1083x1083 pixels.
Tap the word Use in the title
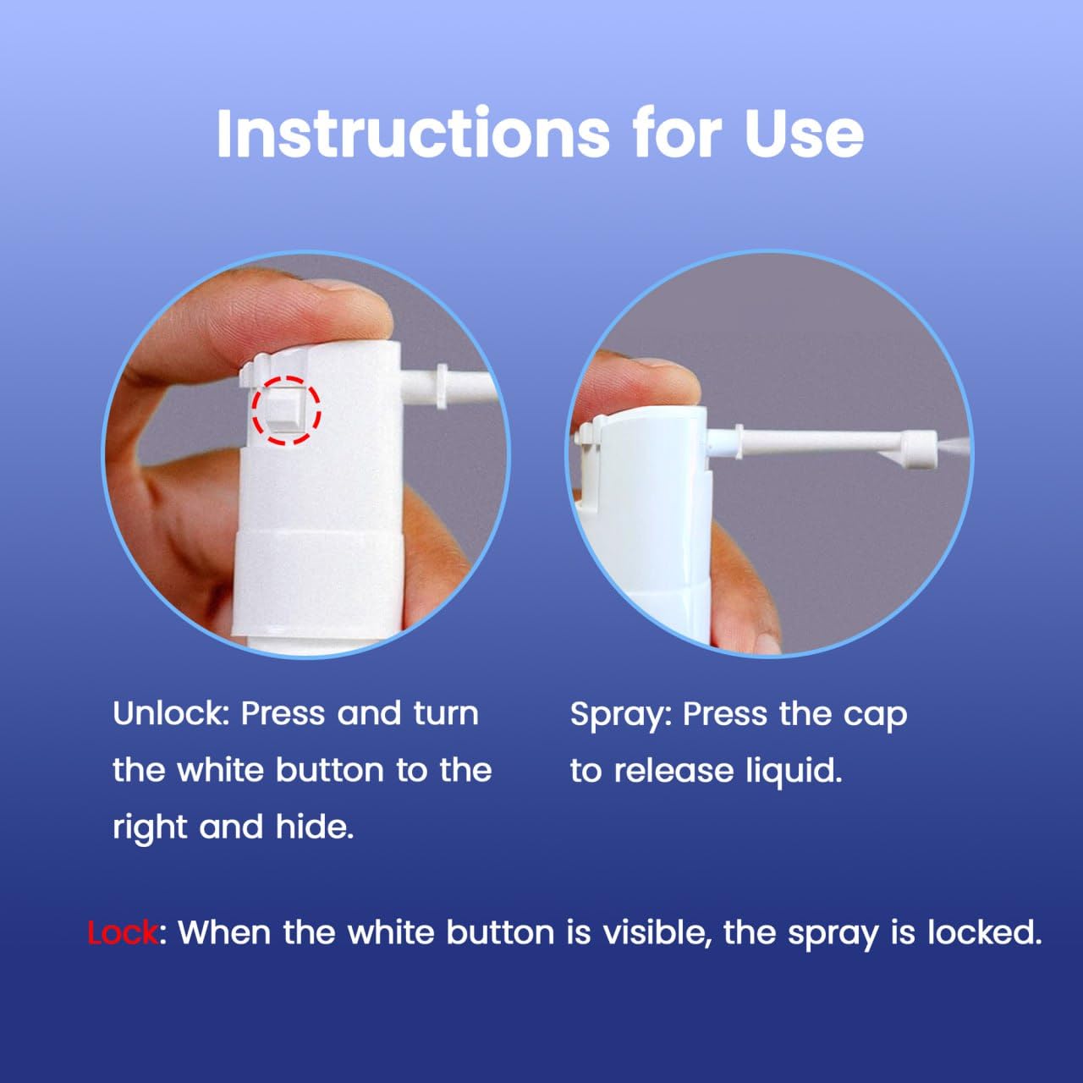(804, 134)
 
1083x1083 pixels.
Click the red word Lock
(123, 932)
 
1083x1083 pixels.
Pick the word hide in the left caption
(314, 827)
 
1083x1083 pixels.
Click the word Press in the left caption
(283, 713)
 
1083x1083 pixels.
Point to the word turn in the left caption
(446, 714)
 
